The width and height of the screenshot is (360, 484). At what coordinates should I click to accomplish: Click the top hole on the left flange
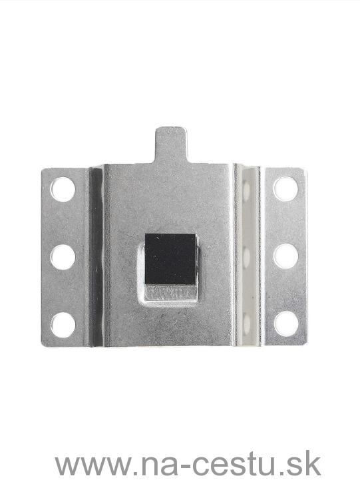(x=63, y=189)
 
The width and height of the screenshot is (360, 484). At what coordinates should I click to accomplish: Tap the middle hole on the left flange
(x=63, y=257)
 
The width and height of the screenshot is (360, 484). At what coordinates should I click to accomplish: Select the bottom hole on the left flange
(x=63, y=325)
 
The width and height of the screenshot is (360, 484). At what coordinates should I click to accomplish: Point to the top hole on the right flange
(x=285, y=188)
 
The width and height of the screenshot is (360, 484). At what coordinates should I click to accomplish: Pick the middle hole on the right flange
(x=286, y=256)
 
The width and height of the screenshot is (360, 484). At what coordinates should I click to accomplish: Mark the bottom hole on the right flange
(x=286, y=324)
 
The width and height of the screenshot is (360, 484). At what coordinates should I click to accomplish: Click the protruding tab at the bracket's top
(x=171, y=144)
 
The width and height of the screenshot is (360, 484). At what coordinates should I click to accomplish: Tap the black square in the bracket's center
(x=170, y=259)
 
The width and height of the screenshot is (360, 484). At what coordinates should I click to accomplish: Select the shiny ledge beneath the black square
(x=170, y=293)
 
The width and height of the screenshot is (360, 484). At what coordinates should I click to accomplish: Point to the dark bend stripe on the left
(x=96, y=256)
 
